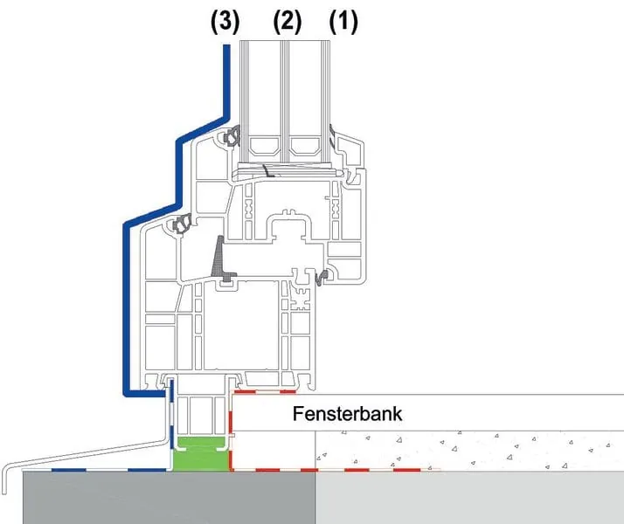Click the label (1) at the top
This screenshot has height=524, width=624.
[343, 20]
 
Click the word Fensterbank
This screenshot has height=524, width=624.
[347, 413]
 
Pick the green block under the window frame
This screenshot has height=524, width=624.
[201, 455]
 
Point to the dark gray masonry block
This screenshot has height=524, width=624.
[166, 498]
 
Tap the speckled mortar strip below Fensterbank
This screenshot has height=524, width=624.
[463, 450]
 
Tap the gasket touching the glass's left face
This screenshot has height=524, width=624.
[234, 137]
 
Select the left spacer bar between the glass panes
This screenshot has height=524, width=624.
[265, 144]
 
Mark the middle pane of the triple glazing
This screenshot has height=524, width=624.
[286, 87]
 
